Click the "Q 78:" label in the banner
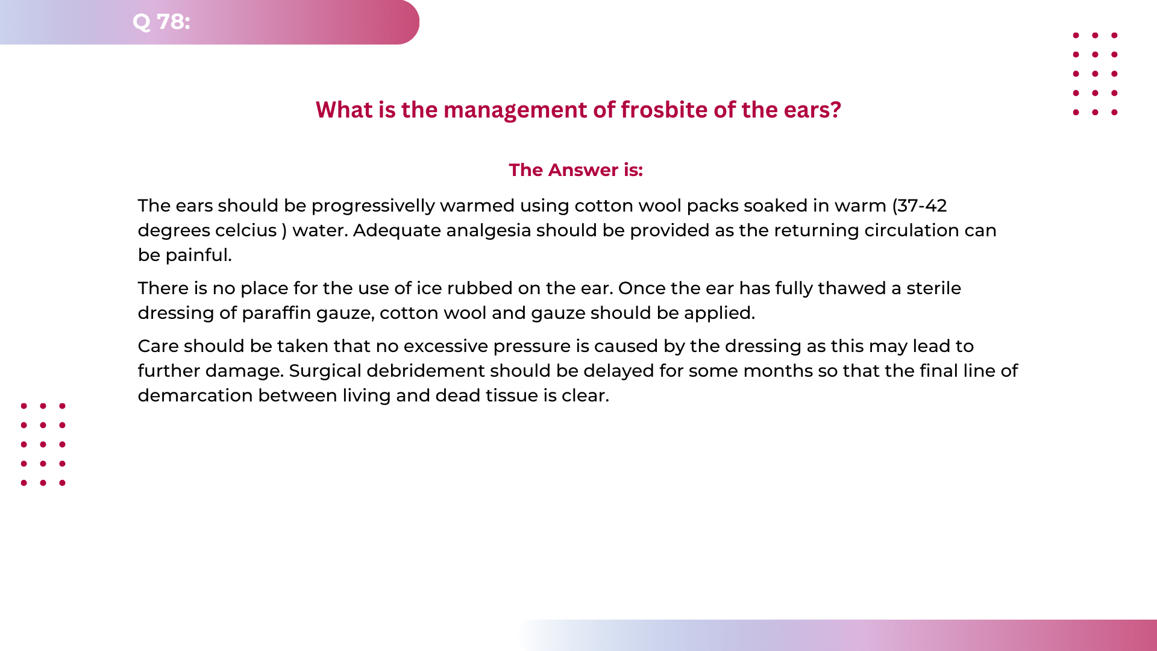161,22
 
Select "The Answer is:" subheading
575,170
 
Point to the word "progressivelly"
373,206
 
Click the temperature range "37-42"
922,206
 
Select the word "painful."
198,256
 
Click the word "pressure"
531,347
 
